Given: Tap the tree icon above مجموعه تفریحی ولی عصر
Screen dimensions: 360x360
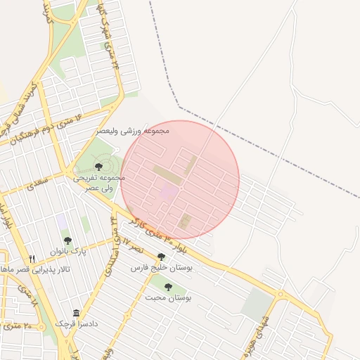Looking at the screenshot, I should [98, 166].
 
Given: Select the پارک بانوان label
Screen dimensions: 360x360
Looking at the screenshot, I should [67, 251].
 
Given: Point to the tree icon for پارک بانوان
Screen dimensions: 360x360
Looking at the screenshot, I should [67, 240].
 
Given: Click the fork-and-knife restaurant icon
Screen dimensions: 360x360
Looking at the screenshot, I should [32, 259].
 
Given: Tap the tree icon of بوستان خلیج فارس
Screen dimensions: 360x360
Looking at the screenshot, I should [161, 257].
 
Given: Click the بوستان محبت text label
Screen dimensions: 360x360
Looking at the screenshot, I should [169, 297].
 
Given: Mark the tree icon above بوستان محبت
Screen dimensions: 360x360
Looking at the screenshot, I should [168, 287].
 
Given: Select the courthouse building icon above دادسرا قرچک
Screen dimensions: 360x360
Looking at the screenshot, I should [76, 314].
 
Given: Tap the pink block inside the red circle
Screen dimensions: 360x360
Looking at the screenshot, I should [169, 190].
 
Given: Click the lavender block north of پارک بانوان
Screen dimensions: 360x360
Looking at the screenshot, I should [63, 221].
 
